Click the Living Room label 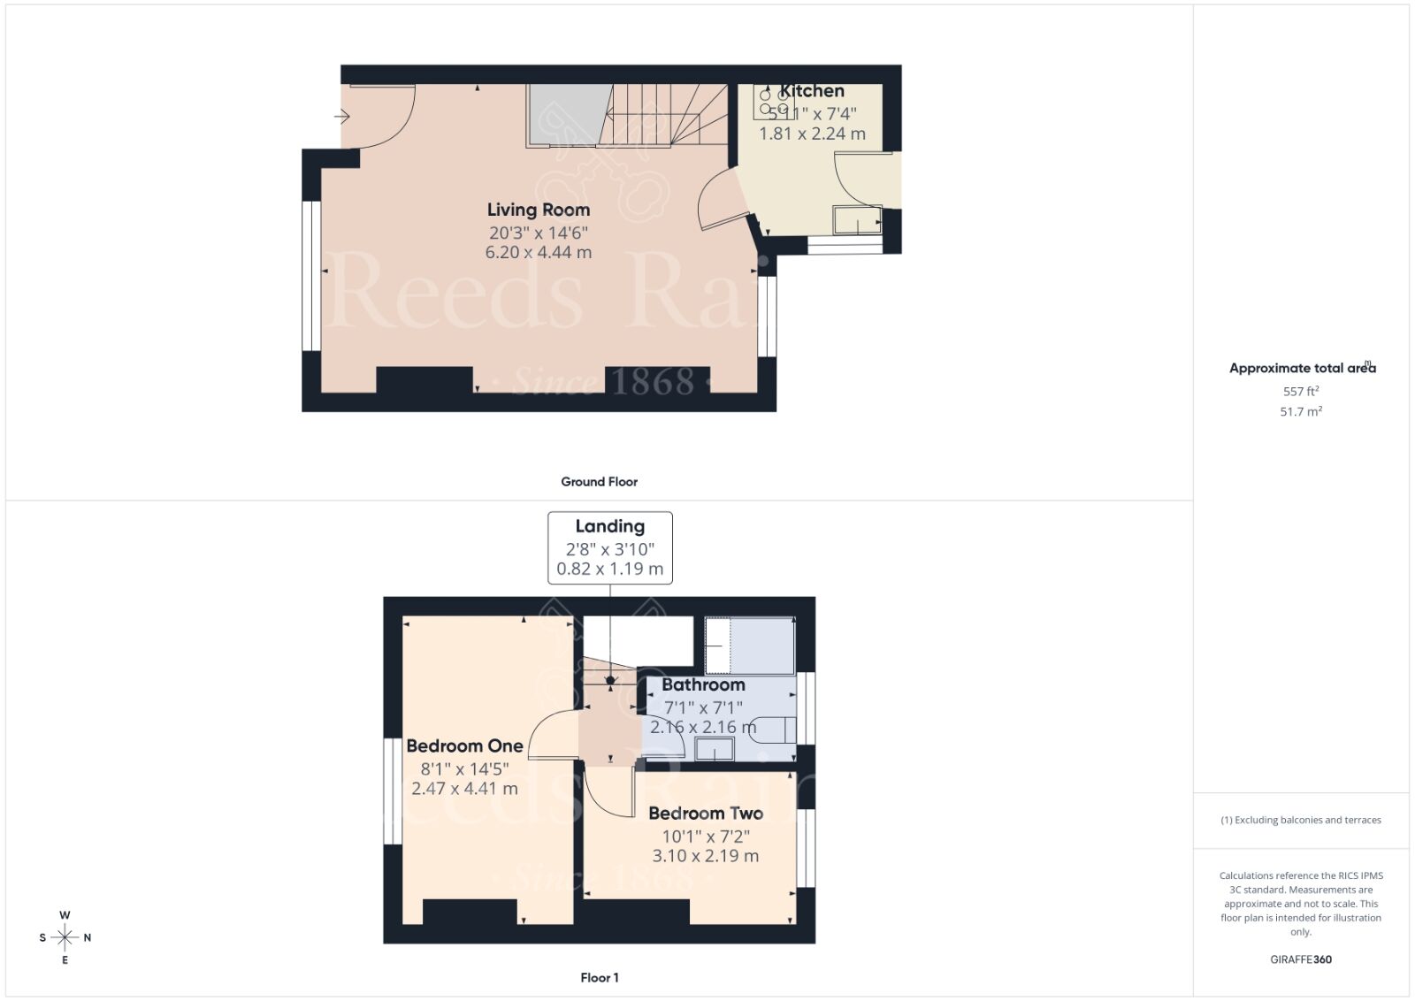tap(538, 210)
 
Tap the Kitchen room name tap(812, 91)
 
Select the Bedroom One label tap(464, 745)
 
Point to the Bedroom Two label tap(705, 814)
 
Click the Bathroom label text tap(703, 684)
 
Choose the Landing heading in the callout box tap(609, 526)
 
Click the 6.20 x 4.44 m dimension tap(538, 252)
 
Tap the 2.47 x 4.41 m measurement tap(464, 789)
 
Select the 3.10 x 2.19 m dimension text tap(705, 856)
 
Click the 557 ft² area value tap(1301, 391)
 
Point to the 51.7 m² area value tap(1301, 411)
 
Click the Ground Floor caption tap(599, 482)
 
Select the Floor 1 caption tap(599, 977)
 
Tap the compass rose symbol tap(65, 937)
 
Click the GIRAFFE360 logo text tap(1301, 959)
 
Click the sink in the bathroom tap(714, 750)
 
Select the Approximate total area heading tap(1301, 368)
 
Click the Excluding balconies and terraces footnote tap(1301, 820)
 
